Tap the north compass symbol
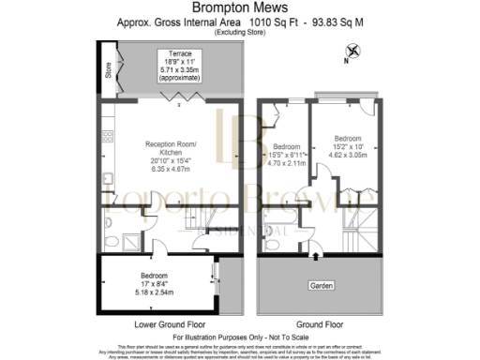[352, 52]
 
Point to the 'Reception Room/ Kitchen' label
[170, 149]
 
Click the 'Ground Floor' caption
[316, 323]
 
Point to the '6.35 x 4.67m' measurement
[170, 172]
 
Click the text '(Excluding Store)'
[240, 32]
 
